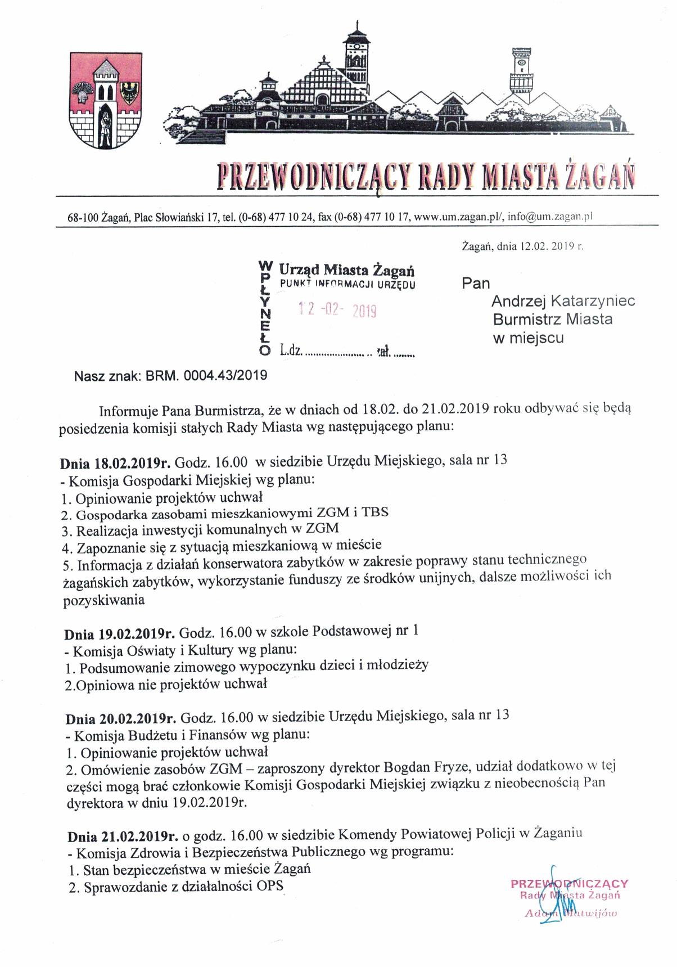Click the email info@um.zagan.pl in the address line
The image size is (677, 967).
551,217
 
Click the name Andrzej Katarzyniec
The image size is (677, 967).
564,301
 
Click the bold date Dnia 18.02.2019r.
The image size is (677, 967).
115,464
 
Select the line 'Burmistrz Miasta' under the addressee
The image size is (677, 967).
553,320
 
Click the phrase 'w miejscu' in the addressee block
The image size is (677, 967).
528,338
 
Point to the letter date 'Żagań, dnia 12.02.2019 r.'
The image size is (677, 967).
523,246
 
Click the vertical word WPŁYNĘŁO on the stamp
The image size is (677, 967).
264,308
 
